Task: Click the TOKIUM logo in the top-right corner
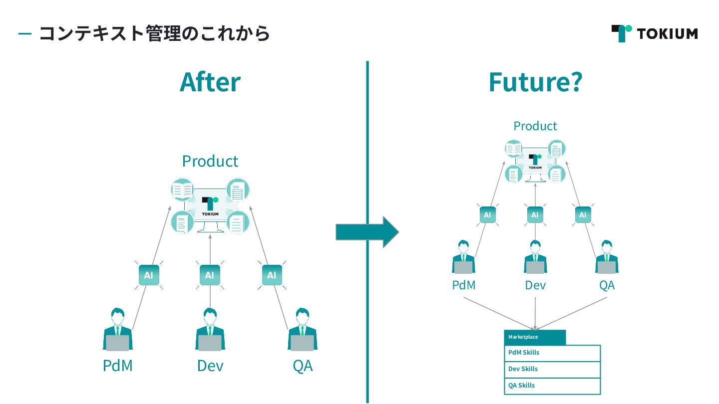pyautogui.click(x=654, y=33)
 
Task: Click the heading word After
pyautogui.click(x=210, y=82)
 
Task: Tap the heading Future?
pyautogui.click(x=535, y=82)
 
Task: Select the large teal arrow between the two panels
pyautogui.click(x=367, y=232)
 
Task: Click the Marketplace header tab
pyautogui.click(x=535, y=337)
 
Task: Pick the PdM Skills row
pyautogui.click(x=552, y=353)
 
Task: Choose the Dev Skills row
pyautogui.click(x=552, y=370)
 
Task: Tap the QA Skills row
pyautogui.click(x=552, y=386)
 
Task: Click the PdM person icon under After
pyautogui.click(x=118, y=330)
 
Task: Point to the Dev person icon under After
pyautogui.click(x=210, y=330)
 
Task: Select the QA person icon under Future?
pyautogui.click(x=607, y=257)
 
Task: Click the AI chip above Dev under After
pyautogui.click(x=210, y=275)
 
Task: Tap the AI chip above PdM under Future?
pyautogui.click(x=487, y=215)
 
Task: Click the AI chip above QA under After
pyautogui.click(x=272, y=275)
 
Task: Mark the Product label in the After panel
pyautogui.click(x=210, y=161)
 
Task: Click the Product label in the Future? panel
pyautogui.click(x=535, y=126)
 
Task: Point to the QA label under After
pyautogui.click(x=303, y=366)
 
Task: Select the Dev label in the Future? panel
pyautogui.click(x=535, y=285)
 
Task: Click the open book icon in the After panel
pyautogui.click(x=182, y=190)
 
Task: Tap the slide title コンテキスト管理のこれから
pyautogui.click(x=154, y=33)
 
